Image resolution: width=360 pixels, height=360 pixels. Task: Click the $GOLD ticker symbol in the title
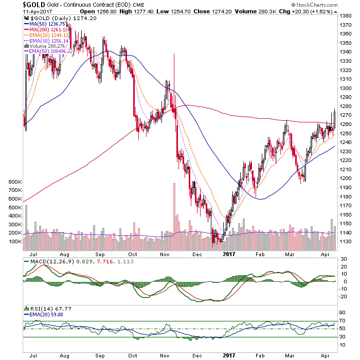point(34,5)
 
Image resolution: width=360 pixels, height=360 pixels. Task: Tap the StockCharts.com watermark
point(314,5)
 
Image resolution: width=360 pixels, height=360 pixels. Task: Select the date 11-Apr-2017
point(38,11)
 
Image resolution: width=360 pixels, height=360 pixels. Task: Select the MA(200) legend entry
point(46,30)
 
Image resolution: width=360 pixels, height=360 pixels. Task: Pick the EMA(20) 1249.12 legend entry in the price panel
point(46,35)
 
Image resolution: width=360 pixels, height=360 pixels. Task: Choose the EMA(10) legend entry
point(46,41)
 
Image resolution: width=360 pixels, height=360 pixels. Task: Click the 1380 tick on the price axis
point(346,16)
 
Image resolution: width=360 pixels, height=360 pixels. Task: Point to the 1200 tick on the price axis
point(346,178)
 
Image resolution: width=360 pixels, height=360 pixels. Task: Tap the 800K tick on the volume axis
point(15,182)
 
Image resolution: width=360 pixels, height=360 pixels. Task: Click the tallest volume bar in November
point(174,217)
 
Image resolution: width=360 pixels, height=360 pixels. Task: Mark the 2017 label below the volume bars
point(229,254)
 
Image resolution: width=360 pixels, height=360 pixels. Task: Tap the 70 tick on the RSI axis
point(342,320)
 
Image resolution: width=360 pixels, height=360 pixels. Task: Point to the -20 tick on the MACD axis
point(343,296)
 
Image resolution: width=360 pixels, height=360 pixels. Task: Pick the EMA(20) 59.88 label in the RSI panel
point(44,315)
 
